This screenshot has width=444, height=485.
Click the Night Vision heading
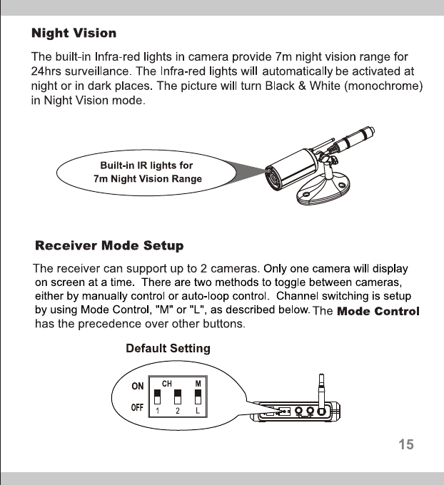[74, 33]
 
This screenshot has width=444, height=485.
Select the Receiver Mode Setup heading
[109, 246]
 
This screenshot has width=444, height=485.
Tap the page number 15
[405, 444]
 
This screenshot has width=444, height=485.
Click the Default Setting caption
[168, 349]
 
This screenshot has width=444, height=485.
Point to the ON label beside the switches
[137, 386]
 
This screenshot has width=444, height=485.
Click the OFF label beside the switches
[137, 407]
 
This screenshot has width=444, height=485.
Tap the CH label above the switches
[167, 383]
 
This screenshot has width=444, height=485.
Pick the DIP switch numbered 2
[177, 397]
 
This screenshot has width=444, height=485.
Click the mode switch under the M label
[197, 397]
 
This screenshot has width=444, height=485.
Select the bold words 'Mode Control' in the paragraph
[378, 312]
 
